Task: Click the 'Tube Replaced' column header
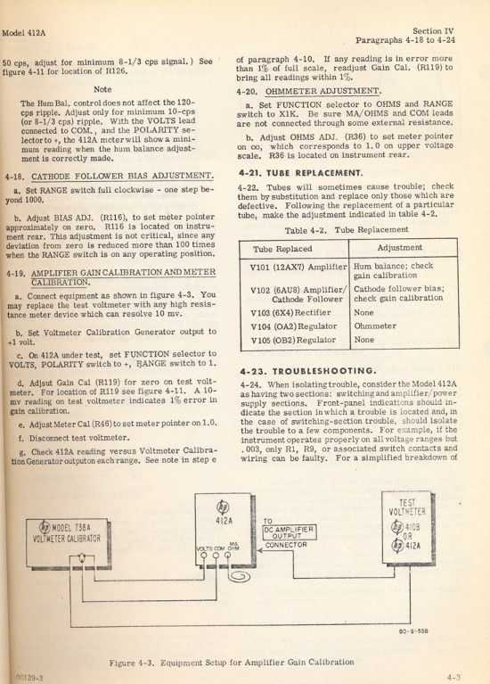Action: pos(287,247)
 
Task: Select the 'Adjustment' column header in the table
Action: pos(399,247)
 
